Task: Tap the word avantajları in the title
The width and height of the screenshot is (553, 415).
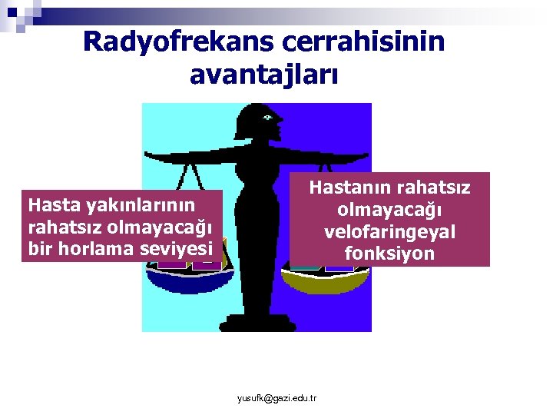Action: click(263, 75)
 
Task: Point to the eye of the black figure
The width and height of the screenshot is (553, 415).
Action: click(267, 118)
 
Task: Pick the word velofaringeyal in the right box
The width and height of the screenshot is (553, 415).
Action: click(390, 231)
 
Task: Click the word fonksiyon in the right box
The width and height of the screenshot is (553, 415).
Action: click(390, 253)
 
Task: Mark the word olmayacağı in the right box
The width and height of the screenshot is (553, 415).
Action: click(390, 210)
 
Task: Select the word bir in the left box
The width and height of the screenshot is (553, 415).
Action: click(38, 247)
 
